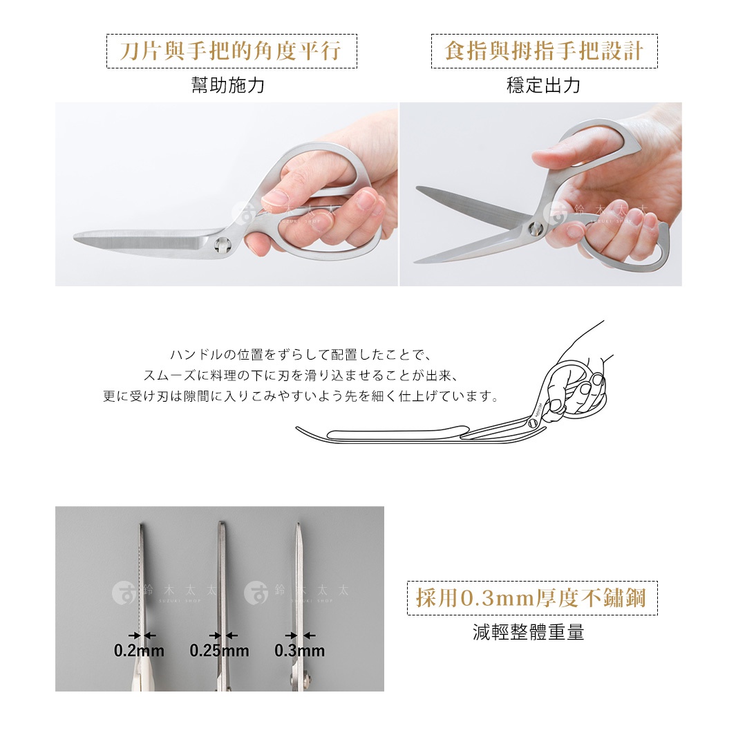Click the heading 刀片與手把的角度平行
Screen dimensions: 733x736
[x=231, y=51]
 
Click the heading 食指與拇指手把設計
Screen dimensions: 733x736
[x=544, y=51]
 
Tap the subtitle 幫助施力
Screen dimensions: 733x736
[x=227, y=86]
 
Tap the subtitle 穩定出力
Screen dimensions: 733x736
[x=543, y=86]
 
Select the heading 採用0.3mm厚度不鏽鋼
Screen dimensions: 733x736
[x=531, y=598]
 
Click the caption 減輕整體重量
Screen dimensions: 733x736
[x=528, y=632]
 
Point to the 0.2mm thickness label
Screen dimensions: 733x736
[x=139, y=651]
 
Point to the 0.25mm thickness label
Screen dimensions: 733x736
[x=219, y=651]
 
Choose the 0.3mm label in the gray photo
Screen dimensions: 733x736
[x=299, y=651]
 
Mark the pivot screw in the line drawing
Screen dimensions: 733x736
[x=533, y=424]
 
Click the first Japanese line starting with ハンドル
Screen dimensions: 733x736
[x=301, y=355]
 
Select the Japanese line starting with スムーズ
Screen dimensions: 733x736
[x=301, y=376]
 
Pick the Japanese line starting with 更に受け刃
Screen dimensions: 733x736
[x=301, y=397]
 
